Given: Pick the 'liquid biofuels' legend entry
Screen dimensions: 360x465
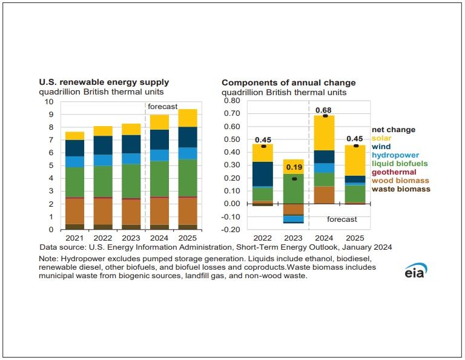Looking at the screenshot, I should [x=399, y=164].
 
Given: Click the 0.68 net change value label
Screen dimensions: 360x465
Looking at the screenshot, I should [x=325, y=109].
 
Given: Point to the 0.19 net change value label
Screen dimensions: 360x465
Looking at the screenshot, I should [x=294, y=167].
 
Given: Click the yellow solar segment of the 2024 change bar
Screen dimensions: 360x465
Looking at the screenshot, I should [x=325, y=133].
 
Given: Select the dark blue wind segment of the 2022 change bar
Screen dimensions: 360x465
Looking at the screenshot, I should [x=262, y=174].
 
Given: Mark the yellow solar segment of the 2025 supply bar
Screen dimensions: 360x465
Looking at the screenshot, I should [x=188, y=118].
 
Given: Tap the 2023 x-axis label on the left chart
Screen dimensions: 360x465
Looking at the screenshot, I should [x=131, y=239].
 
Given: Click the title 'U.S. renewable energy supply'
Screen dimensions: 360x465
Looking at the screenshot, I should [x=104, y=82].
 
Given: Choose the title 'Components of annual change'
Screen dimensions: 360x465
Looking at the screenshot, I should [x=288, y=82].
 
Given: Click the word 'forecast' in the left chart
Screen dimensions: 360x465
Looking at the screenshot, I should [x=163, y=107].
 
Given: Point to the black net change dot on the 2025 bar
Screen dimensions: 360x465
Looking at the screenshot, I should [x=356, y=145].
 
